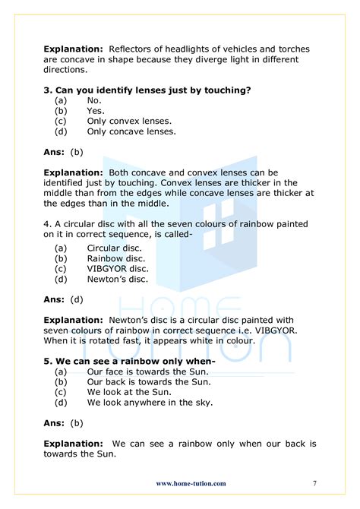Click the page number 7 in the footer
[x=314, y=483]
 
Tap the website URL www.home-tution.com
[x=190, y=483]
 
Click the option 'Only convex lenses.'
[x=129, y=120]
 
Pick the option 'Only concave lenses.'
[x=131, y=131]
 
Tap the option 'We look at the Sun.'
[x=128, y=391]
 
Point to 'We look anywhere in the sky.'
[x=150, y=402]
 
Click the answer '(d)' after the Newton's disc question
[x=77, y=299]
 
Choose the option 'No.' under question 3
[x=94, y=100]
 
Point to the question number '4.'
[x=48, y=224]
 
